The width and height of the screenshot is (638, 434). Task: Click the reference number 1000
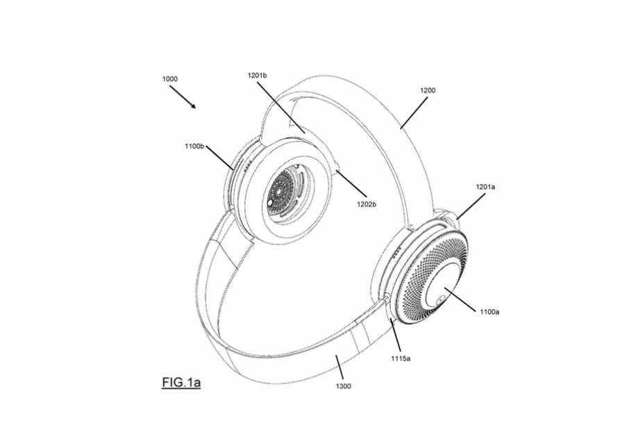coord(169,79)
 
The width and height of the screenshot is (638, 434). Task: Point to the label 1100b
coord(195,147)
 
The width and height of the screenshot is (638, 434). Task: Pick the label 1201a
coord(486,187)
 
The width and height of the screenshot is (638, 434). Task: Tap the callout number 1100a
coord(489,312)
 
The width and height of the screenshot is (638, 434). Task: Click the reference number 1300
coord(343,386)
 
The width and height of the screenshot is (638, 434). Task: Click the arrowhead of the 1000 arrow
coord(195,108)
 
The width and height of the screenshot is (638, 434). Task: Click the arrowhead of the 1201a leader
coord(455,221)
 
